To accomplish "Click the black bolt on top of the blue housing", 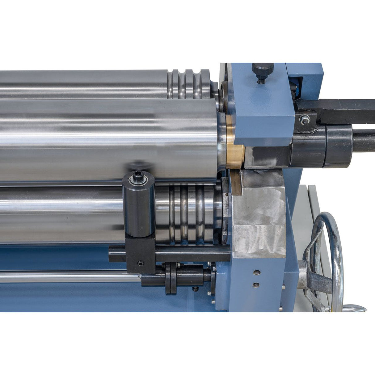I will point(263,69).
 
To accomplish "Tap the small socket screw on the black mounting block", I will point(141,263).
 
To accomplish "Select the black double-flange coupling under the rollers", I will point(171,278).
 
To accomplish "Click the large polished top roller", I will point(108,139).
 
